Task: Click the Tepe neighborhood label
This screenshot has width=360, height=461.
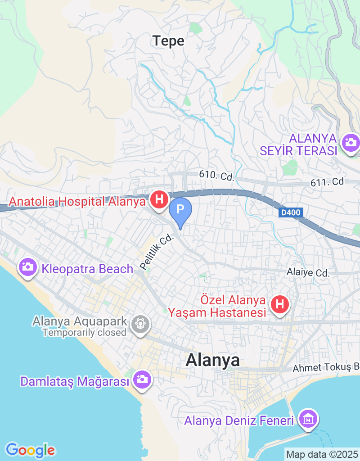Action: [x=168, y=41]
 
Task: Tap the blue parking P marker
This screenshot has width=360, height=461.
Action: [x=180, y=210]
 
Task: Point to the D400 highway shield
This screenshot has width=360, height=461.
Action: [x=291, y=212]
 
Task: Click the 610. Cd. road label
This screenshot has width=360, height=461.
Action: [x=217, y=176]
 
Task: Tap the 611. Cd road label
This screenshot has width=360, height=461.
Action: [x=327, y=182]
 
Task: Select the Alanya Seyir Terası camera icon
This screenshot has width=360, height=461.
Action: [x=350, y=143]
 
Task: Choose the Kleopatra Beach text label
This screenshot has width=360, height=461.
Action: [x=88, y=269]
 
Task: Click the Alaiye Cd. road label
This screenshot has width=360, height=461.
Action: [x=308, y=272]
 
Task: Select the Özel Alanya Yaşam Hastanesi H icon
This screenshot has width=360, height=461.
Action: [x=280, y=305]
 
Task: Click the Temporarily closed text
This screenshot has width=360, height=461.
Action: [x=84, y=333]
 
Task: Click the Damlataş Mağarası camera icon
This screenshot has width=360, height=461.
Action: [x=142, y=380]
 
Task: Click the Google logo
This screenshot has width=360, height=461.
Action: [x=30, y=449]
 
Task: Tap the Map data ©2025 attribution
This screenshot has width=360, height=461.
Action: [x=322, y=454]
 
